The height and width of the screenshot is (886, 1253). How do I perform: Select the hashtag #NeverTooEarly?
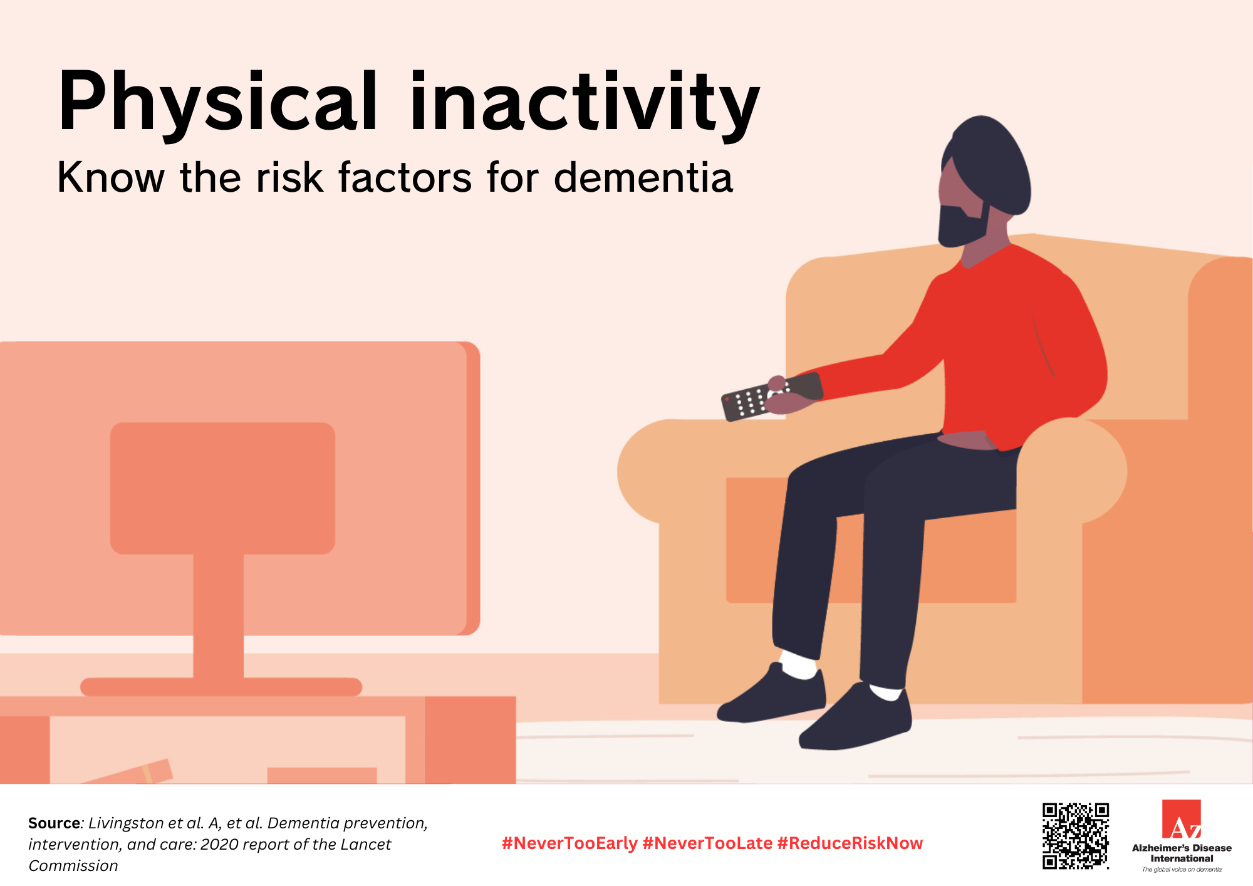point(569,843)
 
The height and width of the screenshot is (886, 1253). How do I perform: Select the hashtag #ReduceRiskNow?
point(850,843)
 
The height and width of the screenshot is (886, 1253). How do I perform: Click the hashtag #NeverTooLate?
point(707,843)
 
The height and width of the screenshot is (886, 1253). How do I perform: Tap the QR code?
point(1075,836)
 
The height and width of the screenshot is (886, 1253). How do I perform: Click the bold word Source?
point(54,823)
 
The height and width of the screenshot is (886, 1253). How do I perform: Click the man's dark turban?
point(990,163)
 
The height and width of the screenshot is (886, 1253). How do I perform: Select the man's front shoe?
point(858,721)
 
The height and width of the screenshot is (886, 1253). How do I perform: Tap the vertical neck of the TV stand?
point(218,614)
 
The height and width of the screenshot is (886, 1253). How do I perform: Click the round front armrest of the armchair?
point(1071,470)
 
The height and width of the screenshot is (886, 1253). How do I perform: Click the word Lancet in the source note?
point(366,845)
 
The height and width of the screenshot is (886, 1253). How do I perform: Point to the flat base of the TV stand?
point(221,687)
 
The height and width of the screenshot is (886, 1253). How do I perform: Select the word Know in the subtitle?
point(110,178)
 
